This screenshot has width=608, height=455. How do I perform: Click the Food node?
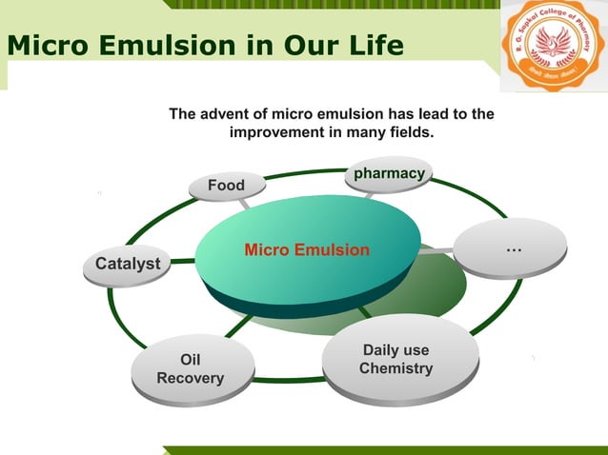tap(227, 186)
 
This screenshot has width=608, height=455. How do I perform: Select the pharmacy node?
tap(388, 174)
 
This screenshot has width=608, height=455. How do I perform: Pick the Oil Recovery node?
tap(191, 368)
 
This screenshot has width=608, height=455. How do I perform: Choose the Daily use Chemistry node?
tap(396, 359)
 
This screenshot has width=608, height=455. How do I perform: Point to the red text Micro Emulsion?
tap(306, 250)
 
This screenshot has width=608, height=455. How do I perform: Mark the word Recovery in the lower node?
tap(191, 378)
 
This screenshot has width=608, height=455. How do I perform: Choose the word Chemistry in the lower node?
tap(396, 368)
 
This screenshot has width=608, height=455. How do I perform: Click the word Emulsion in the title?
tap(166, 45)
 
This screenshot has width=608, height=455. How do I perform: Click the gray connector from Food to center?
tap(244, 203)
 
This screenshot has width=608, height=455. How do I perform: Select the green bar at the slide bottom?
tap(381, 449)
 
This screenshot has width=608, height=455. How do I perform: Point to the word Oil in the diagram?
tap(191, 359)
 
